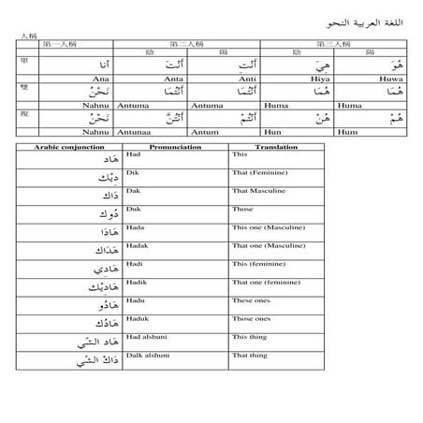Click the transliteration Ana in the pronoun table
coord(90,79)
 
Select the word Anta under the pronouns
coord(175,79)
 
